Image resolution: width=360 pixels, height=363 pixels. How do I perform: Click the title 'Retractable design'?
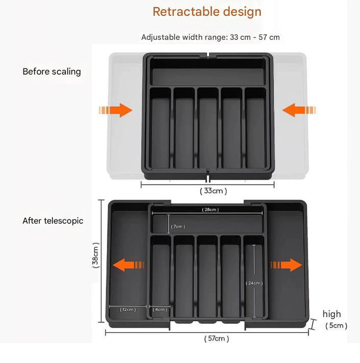(x=207, y=12)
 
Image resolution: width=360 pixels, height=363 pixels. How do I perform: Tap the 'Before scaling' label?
(x=52, y=71)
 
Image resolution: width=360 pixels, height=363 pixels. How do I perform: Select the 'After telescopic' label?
(x=53, y=221)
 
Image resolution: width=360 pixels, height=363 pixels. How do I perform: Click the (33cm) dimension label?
(x=213, y=190)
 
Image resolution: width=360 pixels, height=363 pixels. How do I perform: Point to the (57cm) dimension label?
(x=217, y=338)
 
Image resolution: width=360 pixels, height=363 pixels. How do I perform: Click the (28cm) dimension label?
(x=210, y=210)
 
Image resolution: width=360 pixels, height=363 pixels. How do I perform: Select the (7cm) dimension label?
(x=178, y=226)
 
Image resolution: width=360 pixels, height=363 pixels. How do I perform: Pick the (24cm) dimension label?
(x=254, y=283)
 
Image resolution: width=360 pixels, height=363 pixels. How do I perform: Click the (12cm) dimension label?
(x=127, y=309)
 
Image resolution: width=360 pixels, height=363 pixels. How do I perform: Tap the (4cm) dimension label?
(x=161, y=309)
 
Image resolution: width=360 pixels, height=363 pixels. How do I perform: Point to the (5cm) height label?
(x=336, y=325)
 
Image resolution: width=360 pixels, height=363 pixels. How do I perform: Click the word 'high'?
(x=331, y=314)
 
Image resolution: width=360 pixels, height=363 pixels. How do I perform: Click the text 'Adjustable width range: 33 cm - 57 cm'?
(x=210, y=37)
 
